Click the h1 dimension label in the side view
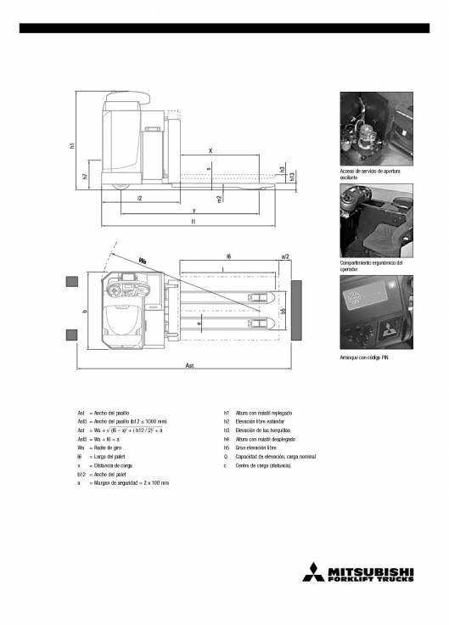pyautogui.click(x=72, y=147)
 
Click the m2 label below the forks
pyautogui.click(x=219, y=199)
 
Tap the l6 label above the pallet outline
pyautogui.click(x=228, y=255)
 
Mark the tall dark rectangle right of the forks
pyautogui.click(x=298, y=311)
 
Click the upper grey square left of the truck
pyautogui.click(x=72, y=282)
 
